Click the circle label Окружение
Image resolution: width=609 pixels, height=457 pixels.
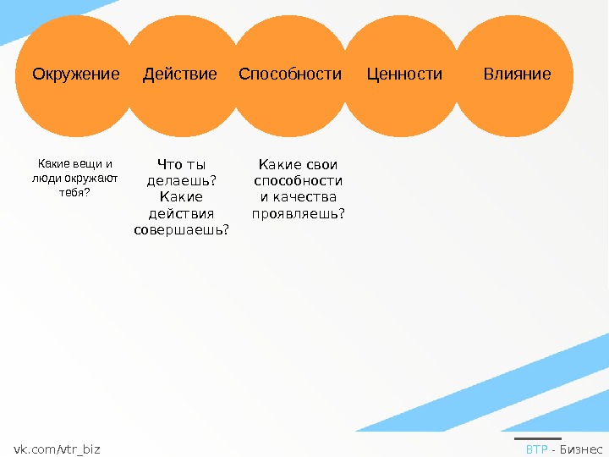click(76, 74)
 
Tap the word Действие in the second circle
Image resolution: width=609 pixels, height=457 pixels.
click(180, 74)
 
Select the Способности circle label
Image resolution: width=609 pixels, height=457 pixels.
click(290, 74)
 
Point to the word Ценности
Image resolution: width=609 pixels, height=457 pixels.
click(404, 74)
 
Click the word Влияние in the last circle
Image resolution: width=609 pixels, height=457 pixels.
click(517, 74)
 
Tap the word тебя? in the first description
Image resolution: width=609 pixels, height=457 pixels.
click(74, 193)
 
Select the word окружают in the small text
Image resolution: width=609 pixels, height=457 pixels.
click(95, 179)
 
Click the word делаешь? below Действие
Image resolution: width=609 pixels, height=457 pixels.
click(182, 180)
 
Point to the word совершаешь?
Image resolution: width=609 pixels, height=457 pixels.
click(182, 229)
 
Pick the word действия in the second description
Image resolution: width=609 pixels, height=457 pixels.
click(182, 213)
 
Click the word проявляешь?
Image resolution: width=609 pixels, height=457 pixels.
click(299, 213)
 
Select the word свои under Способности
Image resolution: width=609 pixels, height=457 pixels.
click(322, 164)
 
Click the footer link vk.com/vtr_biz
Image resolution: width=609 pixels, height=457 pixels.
click(57, 449)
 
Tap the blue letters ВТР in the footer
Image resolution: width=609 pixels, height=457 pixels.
click(536, 449)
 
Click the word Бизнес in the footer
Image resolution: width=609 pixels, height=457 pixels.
click(581, 449)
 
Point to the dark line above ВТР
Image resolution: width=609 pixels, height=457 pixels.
click(537, 438)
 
